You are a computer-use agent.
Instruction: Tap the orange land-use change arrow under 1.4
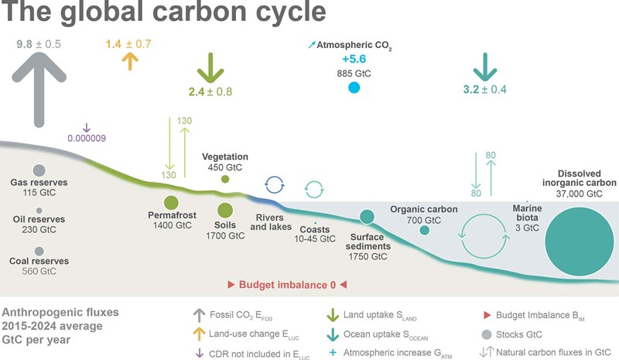click(130, 61)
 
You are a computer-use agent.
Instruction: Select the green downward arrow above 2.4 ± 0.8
click(210, 67)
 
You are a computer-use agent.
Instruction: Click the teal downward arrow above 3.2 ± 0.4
click(485, 67)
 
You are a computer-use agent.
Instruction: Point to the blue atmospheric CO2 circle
click(354, 87)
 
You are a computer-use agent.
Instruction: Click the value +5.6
click(354, 59)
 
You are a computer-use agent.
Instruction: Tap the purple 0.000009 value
click(87, 138)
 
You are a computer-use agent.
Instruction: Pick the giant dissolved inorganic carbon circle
click(579, 242)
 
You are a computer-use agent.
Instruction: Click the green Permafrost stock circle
click(171, 203)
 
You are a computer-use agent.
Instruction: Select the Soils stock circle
click(225, 211)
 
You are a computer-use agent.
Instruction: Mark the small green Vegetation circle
click(225, 179)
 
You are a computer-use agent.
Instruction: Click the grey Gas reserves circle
click(39, 170)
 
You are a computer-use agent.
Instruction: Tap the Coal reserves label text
click(39, 261)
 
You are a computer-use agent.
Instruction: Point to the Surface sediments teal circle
click(367, 217)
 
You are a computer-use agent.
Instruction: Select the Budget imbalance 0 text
click(287, 285)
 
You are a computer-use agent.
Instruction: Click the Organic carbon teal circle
click(424, 230)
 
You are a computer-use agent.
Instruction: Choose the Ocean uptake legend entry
click(378, 335)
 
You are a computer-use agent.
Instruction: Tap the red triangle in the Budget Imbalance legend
click(487, 315)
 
